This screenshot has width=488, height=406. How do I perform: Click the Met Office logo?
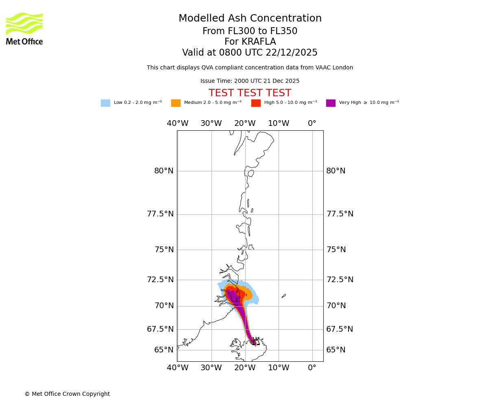click(x=24, y=28)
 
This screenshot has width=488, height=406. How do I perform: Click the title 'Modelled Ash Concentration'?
click(x=250, y=19)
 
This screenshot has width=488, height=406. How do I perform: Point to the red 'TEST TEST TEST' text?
click(x=250, y=93)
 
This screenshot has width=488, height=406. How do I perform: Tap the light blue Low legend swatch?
click(x=105, y=103)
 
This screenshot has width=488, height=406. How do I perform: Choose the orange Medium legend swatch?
click(x=176, y=103)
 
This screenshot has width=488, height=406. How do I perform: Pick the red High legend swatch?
click(x=256, y=103)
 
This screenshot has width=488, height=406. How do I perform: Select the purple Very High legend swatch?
click(x=331, y=103)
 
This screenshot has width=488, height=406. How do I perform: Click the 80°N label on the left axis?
click(x=164, y=171)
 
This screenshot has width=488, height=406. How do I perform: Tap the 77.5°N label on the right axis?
click(x=340, y=214)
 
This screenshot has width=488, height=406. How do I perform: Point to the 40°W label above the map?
click(x=178, y=123)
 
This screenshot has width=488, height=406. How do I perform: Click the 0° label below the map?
click(x=312, y=368)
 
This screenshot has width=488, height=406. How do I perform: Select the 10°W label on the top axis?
click(x=279, y=123)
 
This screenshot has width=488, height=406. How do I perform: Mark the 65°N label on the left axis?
click(x=164, y=350)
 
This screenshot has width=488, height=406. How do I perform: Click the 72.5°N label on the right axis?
click(x=340, y=280)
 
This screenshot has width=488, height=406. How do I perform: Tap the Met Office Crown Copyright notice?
click(x=67, y=394)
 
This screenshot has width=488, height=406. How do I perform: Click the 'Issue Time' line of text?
click(x=250, y=81)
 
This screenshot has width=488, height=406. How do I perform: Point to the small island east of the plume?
click(x=283, y=296)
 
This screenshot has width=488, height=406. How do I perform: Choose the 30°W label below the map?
click(x=211, y=368)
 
